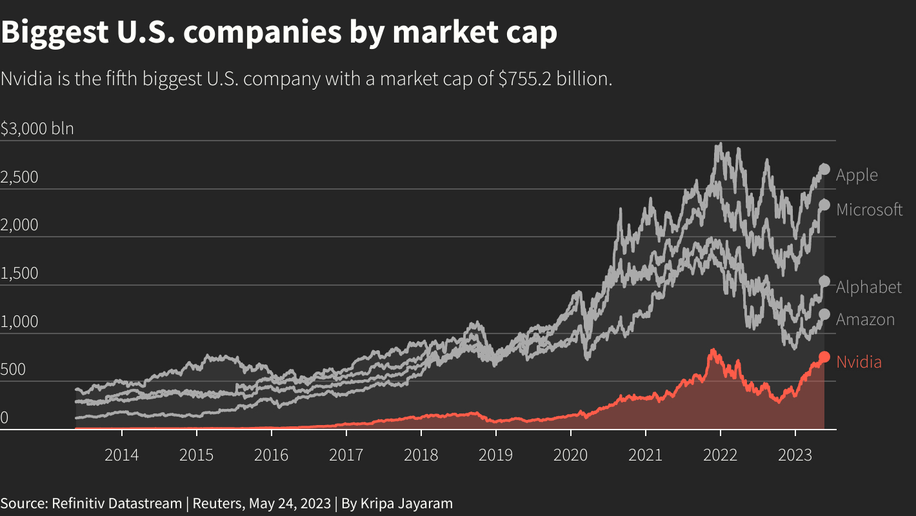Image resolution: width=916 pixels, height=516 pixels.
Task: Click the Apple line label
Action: click(x=857, y=175)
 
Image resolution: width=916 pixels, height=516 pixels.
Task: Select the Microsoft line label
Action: click(x=869, y=210)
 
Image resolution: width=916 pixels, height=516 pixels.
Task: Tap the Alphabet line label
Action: click(x=868, y=287)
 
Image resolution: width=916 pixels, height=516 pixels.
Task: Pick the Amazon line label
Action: click(x=865, y=319)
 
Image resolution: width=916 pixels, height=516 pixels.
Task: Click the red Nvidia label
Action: click(x=859, y=362)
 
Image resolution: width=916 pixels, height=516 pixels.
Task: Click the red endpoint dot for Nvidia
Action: click(x=824, y=357)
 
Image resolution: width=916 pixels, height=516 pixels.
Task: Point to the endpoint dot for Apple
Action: click(x=824, y=169)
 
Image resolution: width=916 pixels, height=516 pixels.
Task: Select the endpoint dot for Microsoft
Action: click(x=824, y=205)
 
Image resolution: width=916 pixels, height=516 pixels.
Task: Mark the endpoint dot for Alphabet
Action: click(x=824, y=281)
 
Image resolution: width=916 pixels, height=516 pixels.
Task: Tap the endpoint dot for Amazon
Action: click(x=824, y=315)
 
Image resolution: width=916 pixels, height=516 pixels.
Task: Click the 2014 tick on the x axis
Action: click(x=121, y=455)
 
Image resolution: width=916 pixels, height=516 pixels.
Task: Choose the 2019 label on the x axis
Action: click(x=495, y=455)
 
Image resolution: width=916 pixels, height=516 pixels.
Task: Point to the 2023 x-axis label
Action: click(x=795, y=455)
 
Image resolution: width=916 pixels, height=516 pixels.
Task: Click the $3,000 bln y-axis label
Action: click(x=37, y=128)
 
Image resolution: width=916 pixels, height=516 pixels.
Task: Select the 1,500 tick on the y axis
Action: click(x=19, y=273)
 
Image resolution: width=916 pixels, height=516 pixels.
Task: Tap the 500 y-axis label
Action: click(x=13, y=370)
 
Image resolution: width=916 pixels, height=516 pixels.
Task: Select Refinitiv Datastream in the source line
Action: click(x=117, y=503)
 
